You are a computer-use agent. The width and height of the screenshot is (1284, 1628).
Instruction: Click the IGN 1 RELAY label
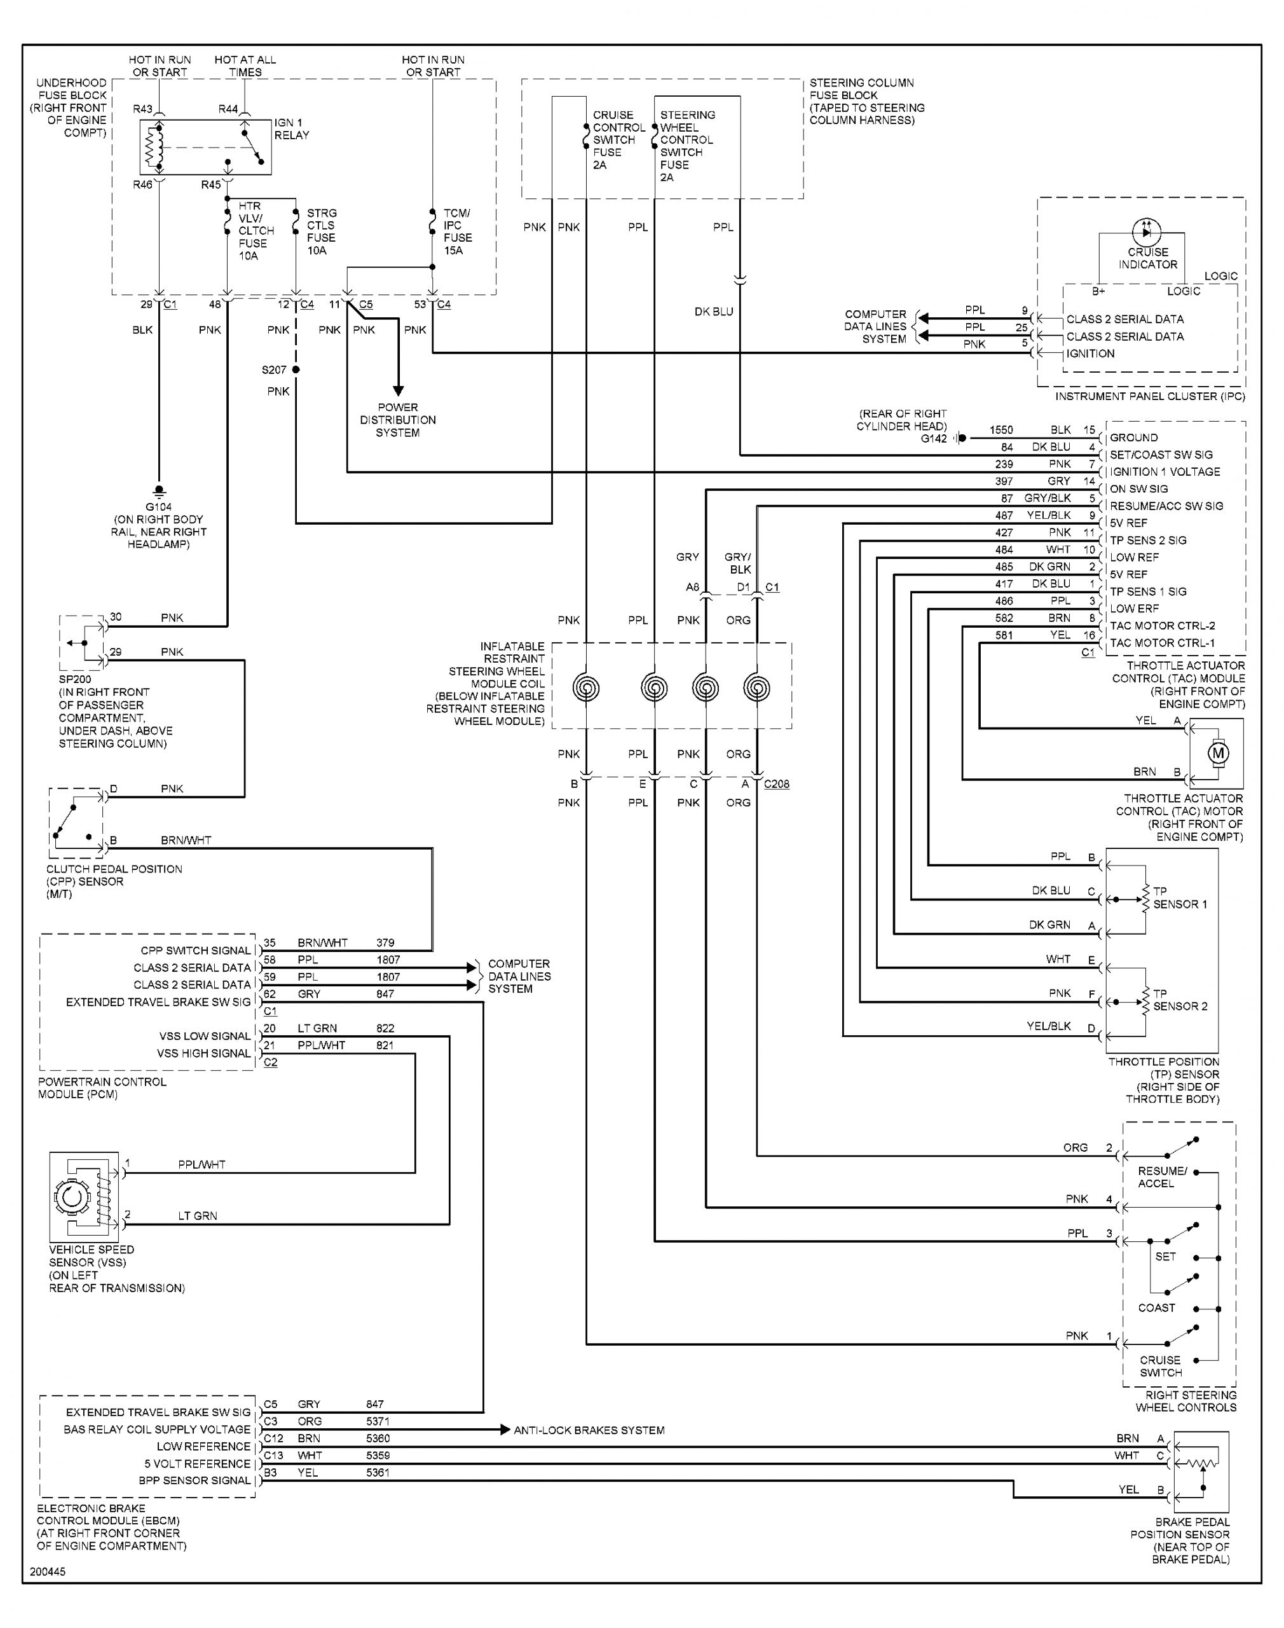click(x=292, y=128)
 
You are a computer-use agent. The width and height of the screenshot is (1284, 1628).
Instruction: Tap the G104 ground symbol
click(x=159, y=491)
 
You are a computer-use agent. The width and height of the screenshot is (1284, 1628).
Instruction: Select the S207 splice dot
click(x=296, y=369)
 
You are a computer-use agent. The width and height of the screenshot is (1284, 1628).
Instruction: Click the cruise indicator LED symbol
click(x=1147, y=231)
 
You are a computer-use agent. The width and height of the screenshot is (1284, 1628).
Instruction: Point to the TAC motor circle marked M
click(x=1219, y=753)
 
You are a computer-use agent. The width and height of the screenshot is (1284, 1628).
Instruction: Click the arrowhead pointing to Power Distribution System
click(x=398, y=390)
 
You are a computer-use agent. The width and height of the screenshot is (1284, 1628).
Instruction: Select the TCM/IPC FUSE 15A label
click(x=457, y=231)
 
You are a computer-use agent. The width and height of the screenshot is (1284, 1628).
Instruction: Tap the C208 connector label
click(x=777, y=783)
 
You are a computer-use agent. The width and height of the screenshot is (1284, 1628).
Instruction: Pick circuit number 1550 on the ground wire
click(x=1001, y=430)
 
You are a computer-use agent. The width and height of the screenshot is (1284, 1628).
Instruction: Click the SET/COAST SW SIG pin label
click(x=1161, y=455)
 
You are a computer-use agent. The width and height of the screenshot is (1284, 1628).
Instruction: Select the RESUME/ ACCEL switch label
click(x=1161, y=1177)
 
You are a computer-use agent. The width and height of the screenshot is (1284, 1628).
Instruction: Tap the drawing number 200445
click(x=48, y=1572)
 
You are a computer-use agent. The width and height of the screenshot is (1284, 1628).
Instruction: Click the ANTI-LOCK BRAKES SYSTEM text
click(x=589, y=1430)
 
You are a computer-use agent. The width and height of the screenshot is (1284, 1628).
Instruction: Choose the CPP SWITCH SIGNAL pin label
click(x=195, y=951)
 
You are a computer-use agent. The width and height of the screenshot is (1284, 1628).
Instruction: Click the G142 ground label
click(x=934, y=438)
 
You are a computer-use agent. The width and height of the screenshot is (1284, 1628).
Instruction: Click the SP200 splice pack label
click(x=75, y=679)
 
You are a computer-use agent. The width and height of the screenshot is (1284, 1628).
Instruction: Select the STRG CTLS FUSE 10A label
click(x=321, y=231)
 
